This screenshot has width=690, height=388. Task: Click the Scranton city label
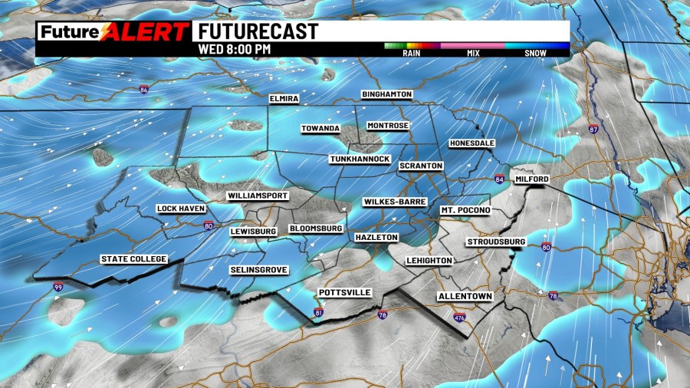(x=421, y=166)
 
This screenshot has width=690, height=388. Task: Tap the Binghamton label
(x=387, y=94)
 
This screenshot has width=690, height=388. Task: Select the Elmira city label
(x=283, y=99)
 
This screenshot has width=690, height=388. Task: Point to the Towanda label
(x=320, y=129)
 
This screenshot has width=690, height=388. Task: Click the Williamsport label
(x=258, y=196)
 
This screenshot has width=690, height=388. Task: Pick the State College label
(x=134, y=259)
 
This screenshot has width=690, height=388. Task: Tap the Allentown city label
(x=465, y=296)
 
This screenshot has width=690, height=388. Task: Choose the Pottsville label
(x=345, y=293)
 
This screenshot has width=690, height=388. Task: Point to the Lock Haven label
(x=178, y=209)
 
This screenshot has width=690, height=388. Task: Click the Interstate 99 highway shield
(x=58, y=287)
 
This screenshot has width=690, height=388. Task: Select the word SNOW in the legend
(x=536, y=54)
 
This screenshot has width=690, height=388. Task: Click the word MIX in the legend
(x=473, y=54)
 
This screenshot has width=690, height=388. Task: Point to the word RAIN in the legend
(x=412, y=54)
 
